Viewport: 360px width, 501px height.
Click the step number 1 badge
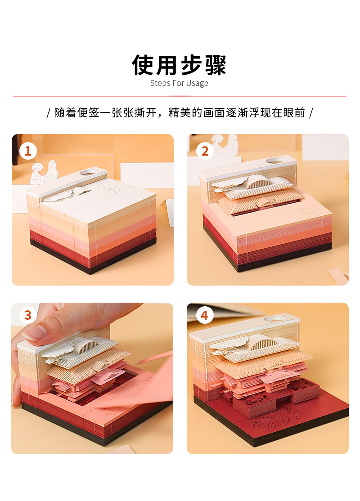tap(28, 151)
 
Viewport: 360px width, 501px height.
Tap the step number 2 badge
tap(205, 151)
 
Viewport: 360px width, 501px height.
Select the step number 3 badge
tap(28, 315)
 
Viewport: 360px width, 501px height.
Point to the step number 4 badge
tap(205, 315)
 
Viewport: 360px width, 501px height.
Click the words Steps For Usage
tap(179, 83)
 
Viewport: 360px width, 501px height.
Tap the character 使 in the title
tap(143, 65)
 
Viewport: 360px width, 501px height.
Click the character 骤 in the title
tap(216, 65)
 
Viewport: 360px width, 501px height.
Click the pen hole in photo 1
tap(89, 173)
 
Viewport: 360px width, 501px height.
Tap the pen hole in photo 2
tap(275, 161)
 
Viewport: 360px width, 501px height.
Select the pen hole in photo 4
tap(274, 318)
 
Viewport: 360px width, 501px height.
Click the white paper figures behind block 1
tap(44, 173)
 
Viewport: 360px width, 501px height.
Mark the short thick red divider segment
tap(180, 96)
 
